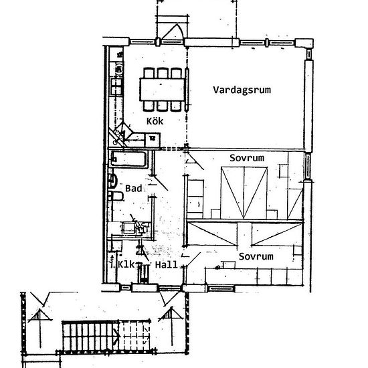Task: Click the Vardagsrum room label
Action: [x=242, y=90]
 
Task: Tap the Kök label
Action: [x=155, y=121]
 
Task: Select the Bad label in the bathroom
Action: [x=134, y=188]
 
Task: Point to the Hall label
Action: [x=166, y=265]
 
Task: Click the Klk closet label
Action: [x=126, y=264]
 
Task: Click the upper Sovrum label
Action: [x=247, y=158]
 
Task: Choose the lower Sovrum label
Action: [x=256, y=256]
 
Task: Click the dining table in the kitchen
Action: [x=162, y=90]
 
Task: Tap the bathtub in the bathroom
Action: [x=128, y=159]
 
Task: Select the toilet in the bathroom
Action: [x=116, y=196]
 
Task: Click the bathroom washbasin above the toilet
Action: [x=113, y=181]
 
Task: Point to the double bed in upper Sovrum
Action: [x=244, y=193]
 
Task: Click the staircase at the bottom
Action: [x=106, y=337]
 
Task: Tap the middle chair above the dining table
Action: [x=163, y=73]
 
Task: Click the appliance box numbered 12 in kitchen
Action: [x=153, y=140]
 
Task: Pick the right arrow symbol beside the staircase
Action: [x=171, y=327]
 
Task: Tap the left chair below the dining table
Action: [x=149, y=106]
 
